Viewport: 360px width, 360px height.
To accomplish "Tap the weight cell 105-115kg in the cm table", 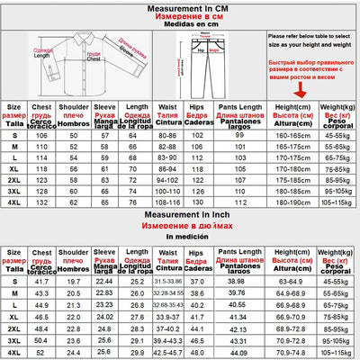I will pyautogui.click(x=337, y=203).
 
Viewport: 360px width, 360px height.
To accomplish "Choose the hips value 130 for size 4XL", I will pyautogui.click(x=199, y=203).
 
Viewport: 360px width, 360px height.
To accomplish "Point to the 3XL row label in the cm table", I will pyautogui.click(x=13, y=192).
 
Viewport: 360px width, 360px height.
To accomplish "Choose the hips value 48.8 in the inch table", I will pyautogui.click(x=199, y=341).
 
